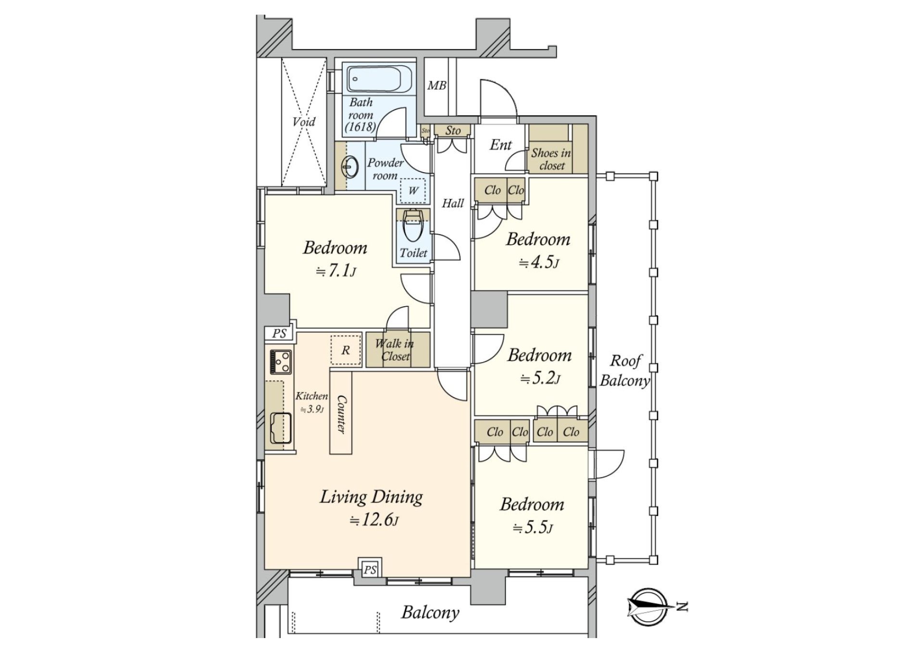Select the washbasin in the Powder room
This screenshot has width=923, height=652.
click(x=350, y=168)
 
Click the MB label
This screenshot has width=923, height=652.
click(x=437, y=86)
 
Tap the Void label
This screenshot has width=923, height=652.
click(x=304, y=122)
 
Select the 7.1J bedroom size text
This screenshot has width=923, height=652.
click(x=336, y=272)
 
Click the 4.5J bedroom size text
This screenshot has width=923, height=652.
click(x=539, y=263)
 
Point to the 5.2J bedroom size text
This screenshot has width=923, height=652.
click(x=540, y=379)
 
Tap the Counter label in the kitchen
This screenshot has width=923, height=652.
click(x=341, y=414)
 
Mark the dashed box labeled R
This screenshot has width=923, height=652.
click(x=346, y=350)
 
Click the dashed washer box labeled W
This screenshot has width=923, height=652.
click(x=413, y=191)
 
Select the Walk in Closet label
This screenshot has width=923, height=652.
click(x=395, y=350)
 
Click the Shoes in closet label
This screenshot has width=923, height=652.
click(x=551, y=159)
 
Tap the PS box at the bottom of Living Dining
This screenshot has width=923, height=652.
click(x=370, y=570)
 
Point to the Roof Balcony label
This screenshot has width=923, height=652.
click(x=625, y=371)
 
